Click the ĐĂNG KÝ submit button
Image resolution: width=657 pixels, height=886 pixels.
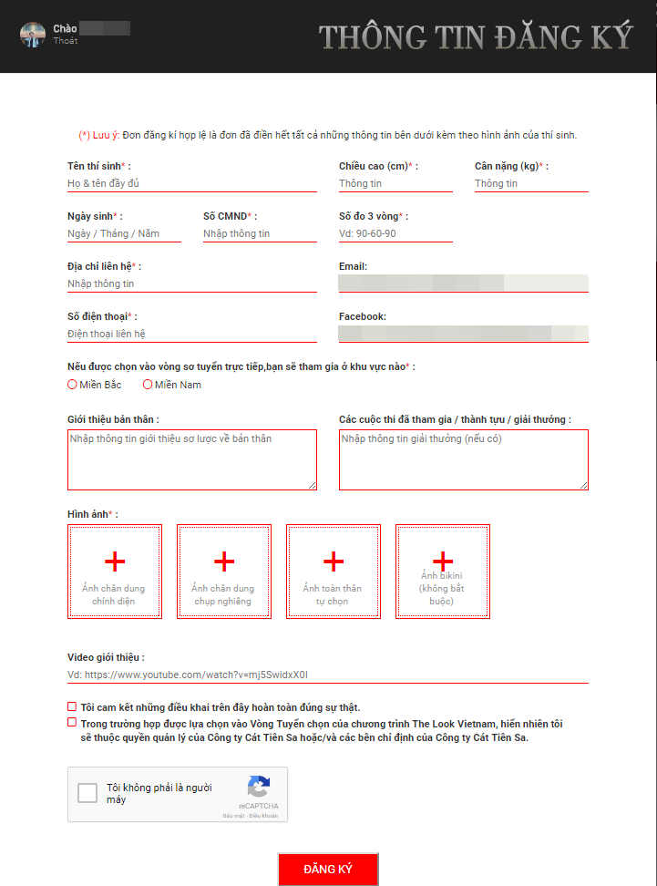coord(328,869)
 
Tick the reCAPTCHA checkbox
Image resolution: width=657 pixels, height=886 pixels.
coord(87,793)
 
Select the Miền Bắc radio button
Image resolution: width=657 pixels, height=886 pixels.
coord(73,385)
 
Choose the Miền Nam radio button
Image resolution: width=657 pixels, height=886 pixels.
coord(148,385)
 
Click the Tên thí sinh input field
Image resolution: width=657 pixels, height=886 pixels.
coord(191,183)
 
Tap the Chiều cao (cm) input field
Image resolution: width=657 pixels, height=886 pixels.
coord(395,183)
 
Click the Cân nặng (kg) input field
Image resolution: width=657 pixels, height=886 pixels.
coord(530,183)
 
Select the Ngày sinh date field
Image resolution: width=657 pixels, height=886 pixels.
coord(124,233)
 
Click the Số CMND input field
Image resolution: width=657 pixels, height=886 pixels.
coord(260,233)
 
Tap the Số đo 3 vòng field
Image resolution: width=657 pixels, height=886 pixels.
coord(395,233)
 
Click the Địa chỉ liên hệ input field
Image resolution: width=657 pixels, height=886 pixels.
coord(191,283)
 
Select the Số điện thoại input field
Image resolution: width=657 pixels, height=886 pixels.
coord(191,334)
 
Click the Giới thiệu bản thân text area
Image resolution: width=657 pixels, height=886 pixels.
coord(191,459)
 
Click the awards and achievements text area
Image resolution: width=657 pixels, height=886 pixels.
coord(463,459)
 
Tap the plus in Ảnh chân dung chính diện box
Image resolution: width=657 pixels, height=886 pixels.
coord(115,561)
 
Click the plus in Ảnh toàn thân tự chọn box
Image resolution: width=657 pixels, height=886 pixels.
coord(334,561)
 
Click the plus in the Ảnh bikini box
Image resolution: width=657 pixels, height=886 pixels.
coord(443,560)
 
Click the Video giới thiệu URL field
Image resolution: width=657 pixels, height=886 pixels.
coord(328,675)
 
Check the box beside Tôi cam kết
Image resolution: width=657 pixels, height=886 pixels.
coord(72,706)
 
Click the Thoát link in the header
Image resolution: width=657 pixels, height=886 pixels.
coord(66,41)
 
